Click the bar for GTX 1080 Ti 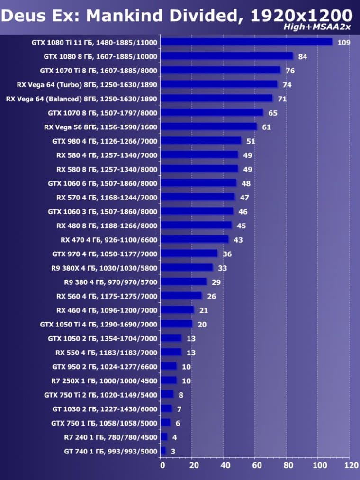[246, 42]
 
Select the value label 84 [303, 56]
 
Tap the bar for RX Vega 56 [208, 127]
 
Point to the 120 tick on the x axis [351, 465]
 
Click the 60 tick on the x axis [256, 465]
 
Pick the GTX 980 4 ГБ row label [105, 141]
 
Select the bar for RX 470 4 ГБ [195, 240]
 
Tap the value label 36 [227, 254]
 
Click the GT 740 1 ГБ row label [110, 451]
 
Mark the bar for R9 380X [187, 268]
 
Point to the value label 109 [344, 42]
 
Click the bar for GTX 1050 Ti [177, 324]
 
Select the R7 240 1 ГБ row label [110, 437]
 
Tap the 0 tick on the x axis [162, 465]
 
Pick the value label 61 [267, 127]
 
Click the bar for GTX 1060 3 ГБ [197, 211]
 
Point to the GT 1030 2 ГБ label [105, 409]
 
